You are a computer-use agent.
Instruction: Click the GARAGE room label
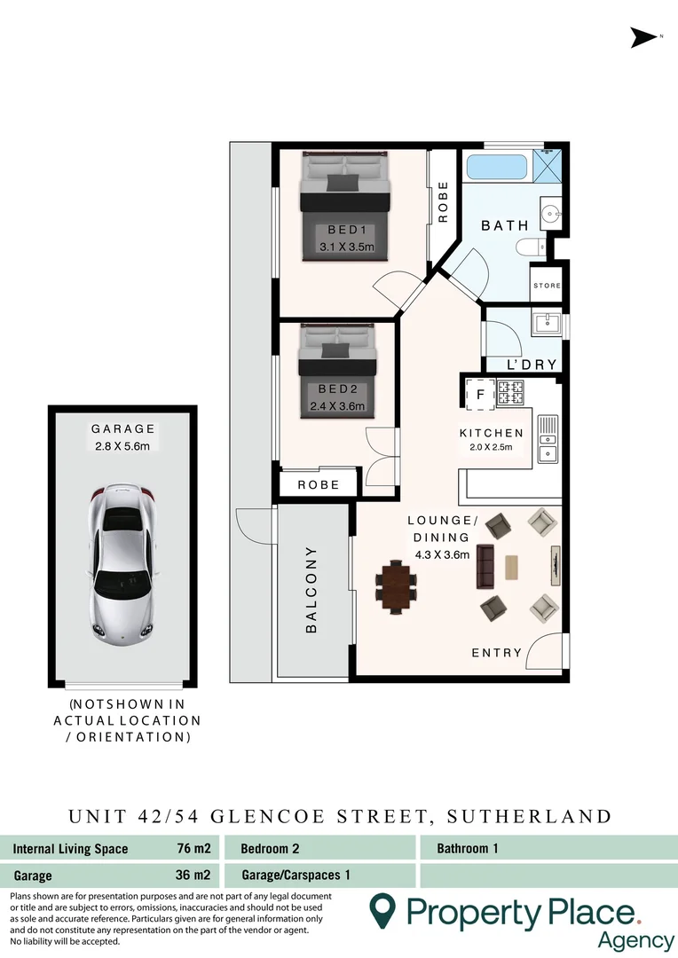[123, 428]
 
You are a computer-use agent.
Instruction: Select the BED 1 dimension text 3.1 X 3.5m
[347, 247]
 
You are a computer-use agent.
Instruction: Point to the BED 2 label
[336, 389]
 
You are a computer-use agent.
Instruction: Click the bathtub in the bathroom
[496, 166]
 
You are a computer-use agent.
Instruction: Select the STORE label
[548, 286]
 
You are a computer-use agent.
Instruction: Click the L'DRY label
[532, 365]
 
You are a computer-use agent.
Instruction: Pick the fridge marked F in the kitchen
[481, 394]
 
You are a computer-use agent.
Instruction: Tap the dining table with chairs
[395, 586]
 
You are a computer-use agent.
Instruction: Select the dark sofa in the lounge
[485, 566]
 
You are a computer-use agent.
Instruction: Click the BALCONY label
[311, 590]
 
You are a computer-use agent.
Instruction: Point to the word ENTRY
[497, 653]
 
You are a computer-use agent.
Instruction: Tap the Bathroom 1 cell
[468, 849]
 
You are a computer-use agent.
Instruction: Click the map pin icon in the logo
[382, 910]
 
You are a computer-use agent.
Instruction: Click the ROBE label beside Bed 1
[443, 201]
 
